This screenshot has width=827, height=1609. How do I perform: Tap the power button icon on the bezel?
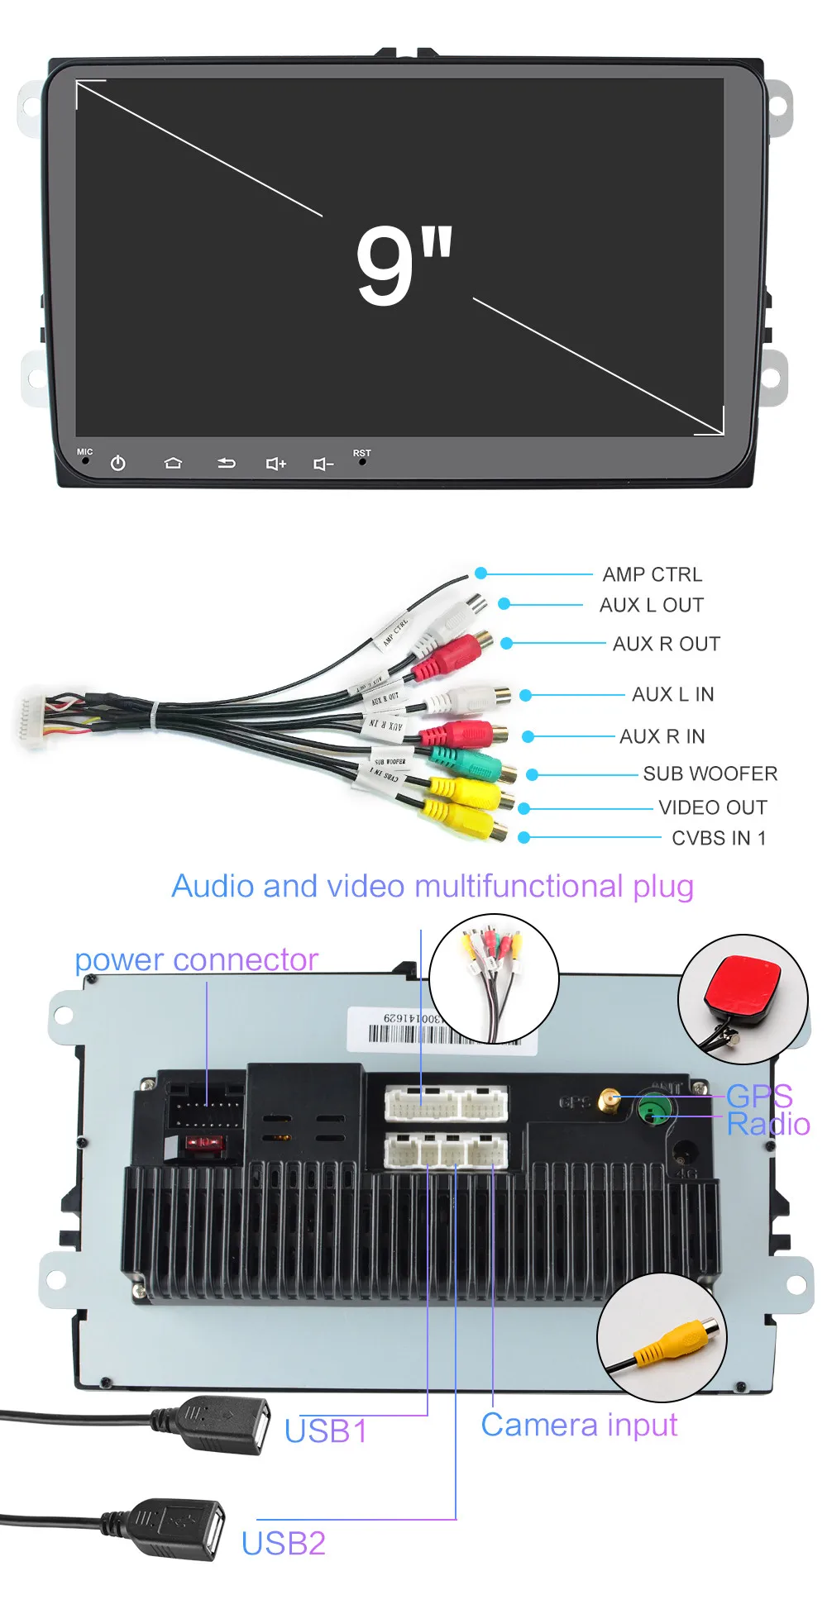(x=118, y=464)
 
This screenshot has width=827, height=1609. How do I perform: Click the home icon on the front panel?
(x=173, y=463)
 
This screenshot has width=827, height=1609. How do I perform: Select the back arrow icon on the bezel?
(x=226, y=464)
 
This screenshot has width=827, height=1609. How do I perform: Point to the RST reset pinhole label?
(x=361, y=453)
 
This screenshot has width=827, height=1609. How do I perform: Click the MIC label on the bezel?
(x=84, y=451)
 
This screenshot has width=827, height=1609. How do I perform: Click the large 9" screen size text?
(x=404, y=264)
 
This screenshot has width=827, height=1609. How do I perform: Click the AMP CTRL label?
(x=652, y=574)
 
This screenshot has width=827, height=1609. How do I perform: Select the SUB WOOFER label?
(x=710, y=774)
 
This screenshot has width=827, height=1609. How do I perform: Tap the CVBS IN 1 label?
(x=719, y=838)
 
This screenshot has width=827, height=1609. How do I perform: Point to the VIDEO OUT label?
(x=712, y=807)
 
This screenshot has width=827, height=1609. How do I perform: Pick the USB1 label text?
(x=325, y=1431)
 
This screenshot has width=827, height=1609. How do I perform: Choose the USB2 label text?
(x=283, y=1544)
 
